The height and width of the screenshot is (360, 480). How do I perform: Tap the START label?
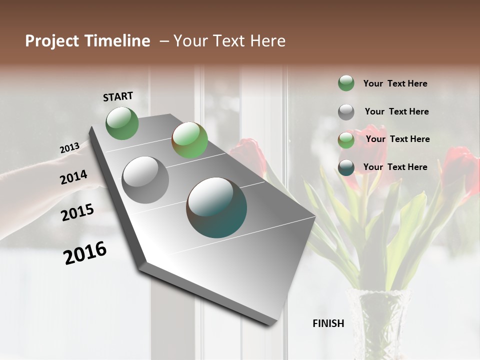(x=118, y=96)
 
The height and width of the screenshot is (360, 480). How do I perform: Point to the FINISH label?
(x=328, y=323)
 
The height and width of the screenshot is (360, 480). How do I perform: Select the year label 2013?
(x=69, y=148)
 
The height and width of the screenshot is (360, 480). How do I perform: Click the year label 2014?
(x=73, y=177)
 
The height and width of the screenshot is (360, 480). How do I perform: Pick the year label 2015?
(x=77, y=212)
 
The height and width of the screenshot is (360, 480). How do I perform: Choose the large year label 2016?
(x=85, y=252)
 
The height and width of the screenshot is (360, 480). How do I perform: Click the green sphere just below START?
(x=122, y=123)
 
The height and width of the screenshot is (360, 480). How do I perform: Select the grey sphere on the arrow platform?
(x=145, y=180)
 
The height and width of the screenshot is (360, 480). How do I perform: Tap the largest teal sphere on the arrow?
(x=216, y=207)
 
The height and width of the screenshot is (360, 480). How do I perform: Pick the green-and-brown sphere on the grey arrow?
(x=189, y=140)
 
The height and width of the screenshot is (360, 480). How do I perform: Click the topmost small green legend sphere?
(x=346, y=83)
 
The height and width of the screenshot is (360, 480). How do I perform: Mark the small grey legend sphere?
(x=346, y=112)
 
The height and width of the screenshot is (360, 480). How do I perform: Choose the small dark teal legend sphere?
(x=346, y=167)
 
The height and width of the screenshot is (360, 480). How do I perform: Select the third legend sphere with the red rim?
(x=346, y=140)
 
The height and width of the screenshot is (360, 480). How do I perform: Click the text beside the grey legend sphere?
(x=396, y=111)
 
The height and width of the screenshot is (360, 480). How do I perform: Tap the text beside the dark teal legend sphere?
(x=395, y=167)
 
